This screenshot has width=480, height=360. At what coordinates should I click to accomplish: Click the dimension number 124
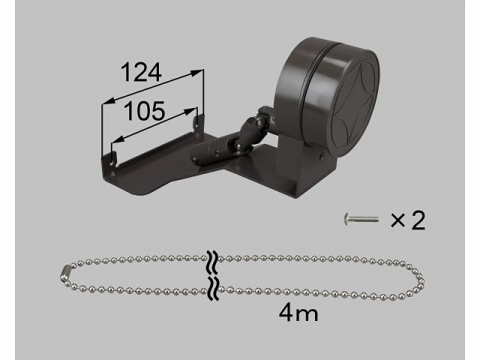tap(141, 73)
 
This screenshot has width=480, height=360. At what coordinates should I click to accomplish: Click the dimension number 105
tap(145, 111)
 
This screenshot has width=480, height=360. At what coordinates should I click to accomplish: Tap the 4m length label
tap(298, 313)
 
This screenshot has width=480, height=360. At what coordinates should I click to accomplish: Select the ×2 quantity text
tap(408, 220)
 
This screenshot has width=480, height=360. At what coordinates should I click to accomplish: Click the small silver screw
tap(361, 220)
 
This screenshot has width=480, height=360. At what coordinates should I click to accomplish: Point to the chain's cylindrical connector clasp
tap(66, 273)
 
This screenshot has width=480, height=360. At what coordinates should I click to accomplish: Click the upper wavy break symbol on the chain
tap(213, 262)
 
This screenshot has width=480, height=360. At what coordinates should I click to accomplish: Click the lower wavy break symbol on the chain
tap(213, 288)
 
